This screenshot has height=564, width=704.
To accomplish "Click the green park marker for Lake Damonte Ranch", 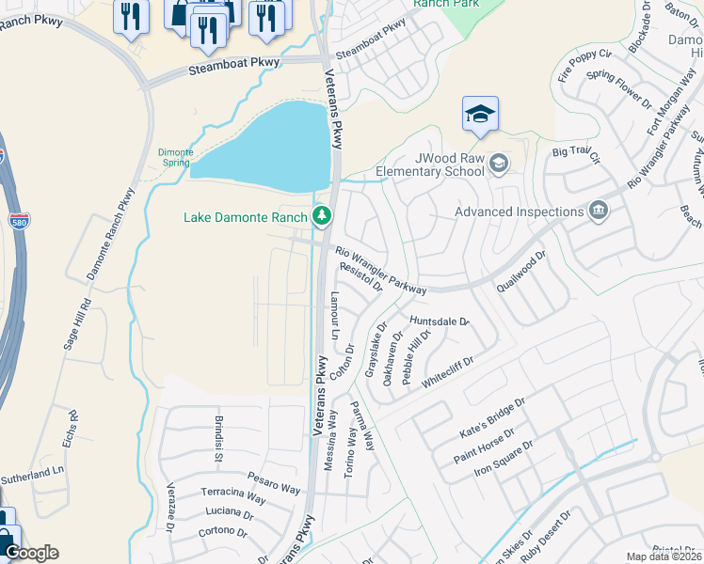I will pyautogui.click(x=323, y=217).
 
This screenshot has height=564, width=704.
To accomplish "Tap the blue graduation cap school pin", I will pyautogui.click(x=480, y=115).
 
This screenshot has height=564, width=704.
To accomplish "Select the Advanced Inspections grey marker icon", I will pyautogui.click(x=597, y=211).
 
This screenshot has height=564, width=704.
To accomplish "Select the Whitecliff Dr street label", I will pyautogui.click(x=448, y=368).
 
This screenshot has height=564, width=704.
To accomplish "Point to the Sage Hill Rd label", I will pyautogui.click(x=73, y=324).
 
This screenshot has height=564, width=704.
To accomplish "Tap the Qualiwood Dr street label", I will pyautogui.click(x=521, y=272).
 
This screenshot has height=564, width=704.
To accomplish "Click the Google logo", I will pyautogui.click(x=30, y=553).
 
